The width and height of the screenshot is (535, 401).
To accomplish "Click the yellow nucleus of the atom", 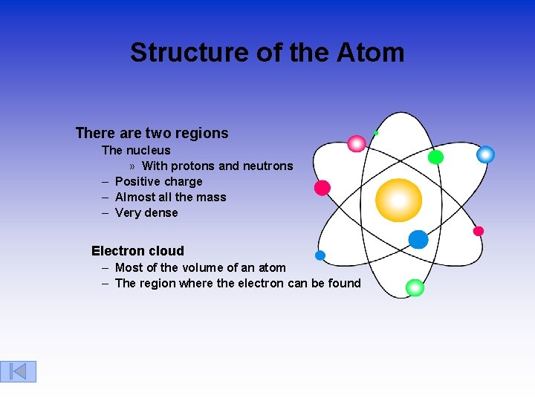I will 398,200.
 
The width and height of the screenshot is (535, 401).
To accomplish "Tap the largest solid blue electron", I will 418,239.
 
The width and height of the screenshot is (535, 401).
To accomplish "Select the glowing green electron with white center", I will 415,287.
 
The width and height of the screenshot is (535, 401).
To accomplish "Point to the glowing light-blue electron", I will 485,154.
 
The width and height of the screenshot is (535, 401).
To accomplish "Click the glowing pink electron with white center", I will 357,143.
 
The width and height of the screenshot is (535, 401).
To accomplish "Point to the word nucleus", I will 148,151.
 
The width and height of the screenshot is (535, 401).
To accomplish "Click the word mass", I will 211,198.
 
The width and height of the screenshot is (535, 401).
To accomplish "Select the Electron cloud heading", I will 137,251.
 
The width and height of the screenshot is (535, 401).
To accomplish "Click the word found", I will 345,283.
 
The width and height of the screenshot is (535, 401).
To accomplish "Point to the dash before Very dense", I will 106,213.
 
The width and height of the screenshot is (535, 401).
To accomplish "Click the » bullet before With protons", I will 132,166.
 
